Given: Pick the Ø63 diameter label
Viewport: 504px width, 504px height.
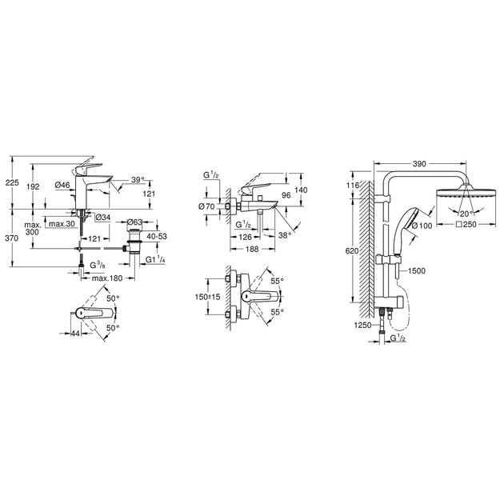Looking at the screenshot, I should [134, 222].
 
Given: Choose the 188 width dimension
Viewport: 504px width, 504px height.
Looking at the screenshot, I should [252, 249].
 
